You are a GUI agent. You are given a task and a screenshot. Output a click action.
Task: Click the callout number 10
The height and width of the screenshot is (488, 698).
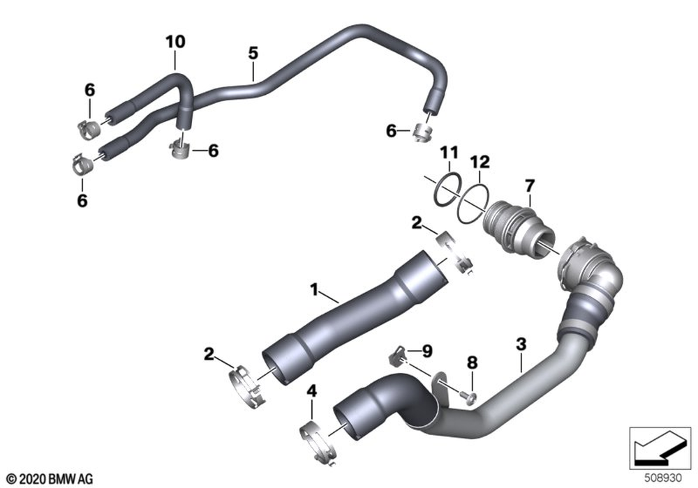(x=175, y=42)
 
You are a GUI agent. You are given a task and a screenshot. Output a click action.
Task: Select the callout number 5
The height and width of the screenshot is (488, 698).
(x=253, y=54)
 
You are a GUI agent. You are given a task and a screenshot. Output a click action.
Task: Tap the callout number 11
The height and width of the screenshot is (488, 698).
(x=449, y=153)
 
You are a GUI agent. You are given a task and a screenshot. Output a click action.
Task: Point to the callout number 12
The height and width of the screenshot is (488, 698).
(x=480, y=162)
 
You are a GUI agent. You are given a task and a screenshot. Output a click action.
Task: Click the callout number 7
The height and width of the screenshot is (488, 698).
(x=529, y=185)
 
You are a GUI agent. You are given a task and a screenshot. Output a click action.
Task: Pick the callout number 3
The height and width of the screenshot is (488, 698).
(x=521, y=344)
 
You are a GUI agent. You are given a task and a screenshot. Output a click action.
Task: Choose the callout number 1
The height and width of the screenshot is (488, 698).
(x=314, y=290)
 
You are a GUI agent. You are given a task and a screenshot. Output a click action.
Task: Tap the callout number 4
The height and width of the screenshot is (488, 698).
(x=312, y=392)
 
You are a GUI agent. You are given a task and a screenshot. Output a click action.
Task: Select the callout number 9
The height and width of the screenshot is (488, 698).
(x=427, y=351)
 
